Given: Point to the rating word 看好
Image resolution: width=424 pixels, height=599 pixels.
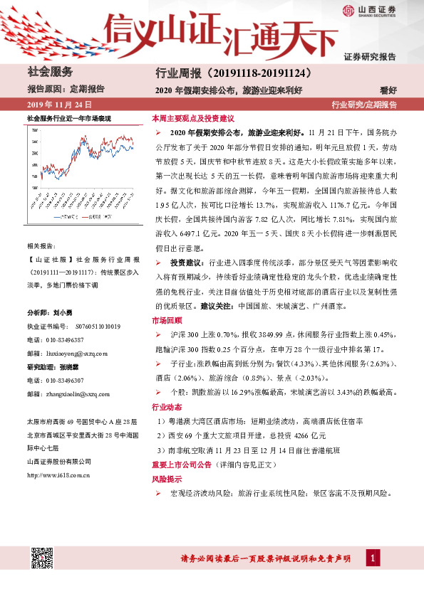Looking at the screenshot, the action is tap(388, 90).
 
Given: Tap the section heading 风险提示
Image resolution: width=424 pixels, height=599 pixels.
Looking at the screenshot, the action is tap(165, 480).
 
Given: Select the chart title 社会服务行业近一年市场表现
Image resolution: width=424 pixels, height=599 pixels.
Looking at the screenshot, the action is tap(69, 117).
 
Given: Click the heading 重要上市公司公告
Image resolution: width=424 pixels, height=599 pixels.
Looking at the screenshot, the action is tap(185, 466).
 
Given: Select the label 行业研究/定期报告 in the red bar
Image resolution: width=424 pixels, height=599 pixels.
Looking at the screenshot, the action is tap(364, 105).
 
